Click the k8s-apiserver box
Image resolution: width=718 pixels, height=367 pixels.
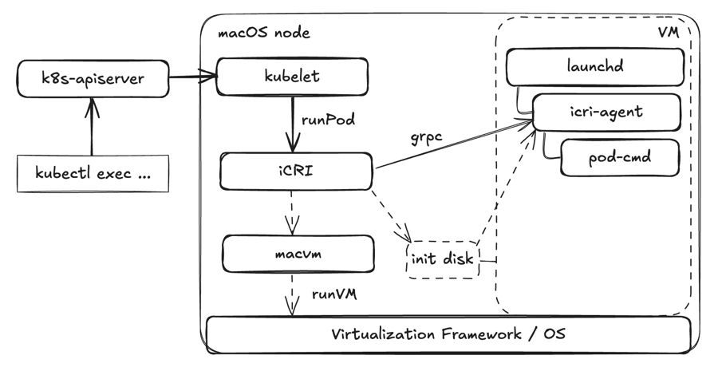[x=93, y=78]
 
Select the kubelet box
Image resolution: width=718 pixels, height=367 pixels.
[x=292, y=77]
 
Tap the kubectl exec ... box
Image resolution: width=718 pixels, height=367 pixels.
[x=93, y=173]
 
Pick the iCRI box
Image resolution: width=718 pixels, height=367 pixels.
[x=296, y=172]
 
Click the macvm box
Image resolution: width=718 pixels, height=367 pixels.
[x=298, y=254]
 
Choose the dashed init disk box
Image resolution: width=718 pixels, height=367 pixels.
[x=443, y=259]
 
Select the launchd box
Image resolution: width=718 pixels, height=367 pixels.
[x=595, y=66]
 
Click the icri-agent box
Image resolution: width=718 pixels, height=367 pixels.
[x=607, y=112]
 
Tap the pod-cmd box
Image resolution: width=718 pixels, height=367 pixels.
[x=620, y=158]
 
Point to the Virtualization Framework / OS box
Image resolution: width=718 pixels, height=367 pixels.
[x=448, y=334]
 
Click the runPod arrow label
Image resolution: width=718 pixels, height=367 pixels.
[x=328, y=120]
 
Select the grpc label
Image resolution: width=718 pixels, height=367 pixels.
[x=427, y=137]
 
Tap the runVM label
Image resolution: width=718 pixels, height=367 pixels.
[x=334, y=294]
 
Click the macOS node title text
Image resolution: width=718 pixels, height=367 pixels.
[x=264, y=33]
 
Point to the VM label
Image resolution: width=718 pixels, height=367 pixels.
[x=669, y=33]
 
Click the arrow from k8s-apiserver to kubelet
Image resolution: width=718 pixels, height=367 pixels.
[x=192, y=77]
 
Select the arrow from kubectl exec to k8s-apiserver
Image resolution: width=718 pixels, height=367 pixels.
[x=92, y=127]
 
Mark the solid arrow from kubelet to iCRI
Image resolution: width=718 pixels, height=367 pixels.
[x=293, y=124]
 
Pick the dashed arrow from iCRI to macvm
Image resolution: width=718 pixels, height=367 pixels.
[x=292, y=212]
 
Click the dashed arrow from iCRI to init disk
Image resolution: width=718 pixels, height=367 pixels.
[x=391, y=215]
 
